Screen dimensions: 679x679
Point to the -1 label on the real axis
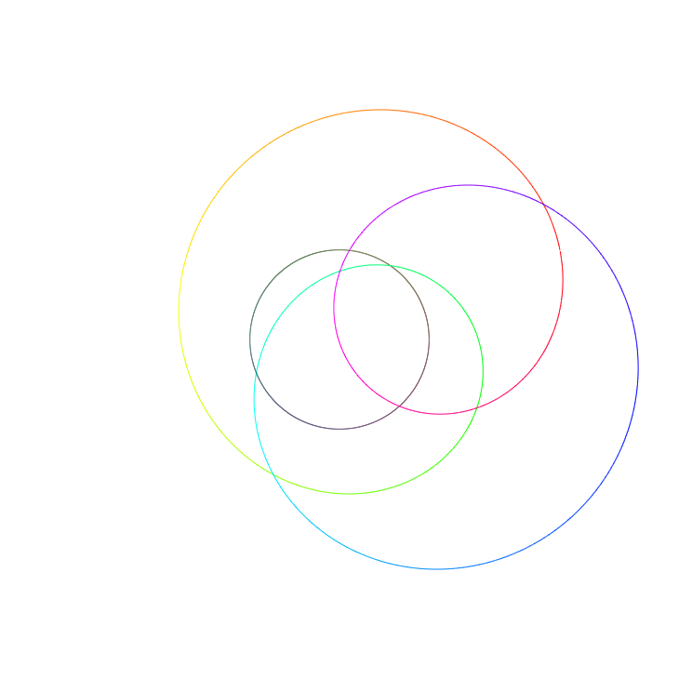point(270,319)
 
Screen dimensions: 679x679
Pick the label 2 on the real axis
point(477,319)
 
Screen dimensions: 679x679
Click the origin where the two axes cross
point(339,339)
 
